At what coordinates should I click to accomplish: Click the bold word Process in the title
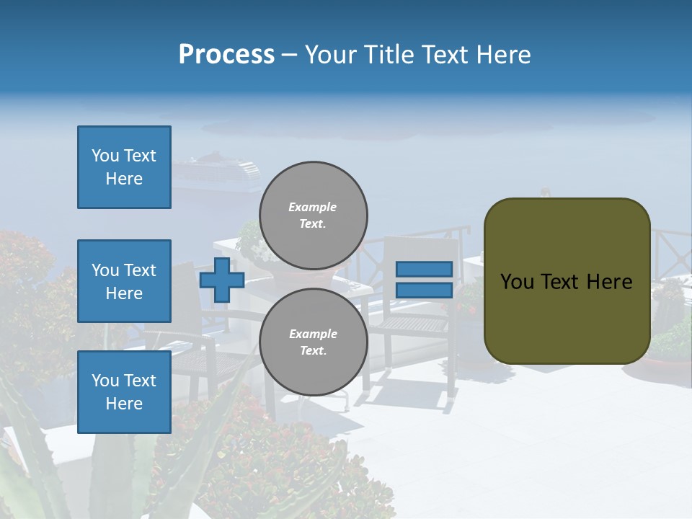(x=226, y=55)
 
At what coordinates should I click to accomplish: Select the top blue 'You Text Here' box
(x=124, y=167)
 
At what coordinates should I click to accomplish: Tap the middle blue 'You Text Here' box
(x=124, y=281)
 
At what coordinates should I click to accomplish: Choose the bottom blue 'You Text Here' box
(x=124, y=392)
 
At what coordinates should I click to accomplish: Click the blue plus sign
(x=222, y=280)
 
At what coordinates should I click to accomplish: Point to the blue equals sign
(x=424, y=280)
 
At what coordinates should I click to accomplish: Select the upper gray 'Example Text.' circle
(x=314, y=216)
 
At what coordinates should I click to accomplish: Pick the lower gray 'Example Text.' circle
(x=314, y=342)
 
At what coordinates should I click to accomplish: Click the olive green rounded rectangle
(x=567, y=281)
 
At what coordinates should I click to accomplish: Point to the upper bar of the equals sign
(x=424, y=269)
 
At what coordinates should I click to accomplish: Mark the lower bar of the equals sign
(x=424, y=290)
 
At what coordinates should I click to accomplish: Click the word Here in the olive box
(x=609, y=282)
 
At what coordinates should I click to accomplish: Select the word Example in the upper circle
(x=312, y=208)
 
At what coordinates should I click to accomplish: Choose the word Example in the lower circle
(x=312, y=334)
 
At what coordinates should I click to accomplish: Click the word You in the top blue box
(x=105, y=156)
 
